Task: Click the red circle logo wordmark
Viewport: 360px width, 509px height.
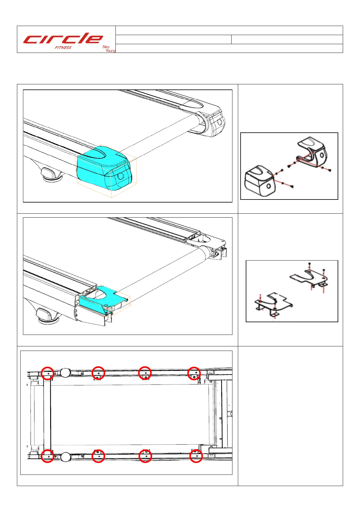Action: click(x=63, y=39)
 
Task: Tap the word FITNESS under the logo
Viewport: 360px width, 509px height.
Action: click(x=63, y=47)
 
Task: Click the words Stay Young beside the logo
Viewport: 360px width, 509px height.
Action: click(x=109, y=49)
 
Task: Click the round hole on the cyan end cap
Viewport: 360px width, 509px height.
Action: click(x=121, y=176)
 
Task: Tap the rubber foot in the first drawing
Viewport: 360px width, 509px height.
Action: click(x=50, y=174)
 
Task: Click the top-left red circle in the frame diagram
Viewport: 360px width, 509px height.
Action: click(x=47, y=373)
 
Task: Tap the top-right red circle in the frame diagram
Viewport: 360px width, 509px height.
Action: click(x=194, y=373)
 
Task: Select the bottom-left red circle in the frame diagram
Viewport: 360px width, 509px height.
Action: click(x=47, y=456)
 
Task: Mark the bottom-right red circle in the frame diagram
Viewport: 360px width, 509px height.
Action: click(x=196, y=456)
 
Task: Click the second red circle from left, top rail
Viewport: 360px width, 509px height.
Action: click(x=98, y=373)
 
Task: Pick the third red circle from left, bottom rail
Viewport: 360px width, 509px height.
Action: click(x=145, y=456)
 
